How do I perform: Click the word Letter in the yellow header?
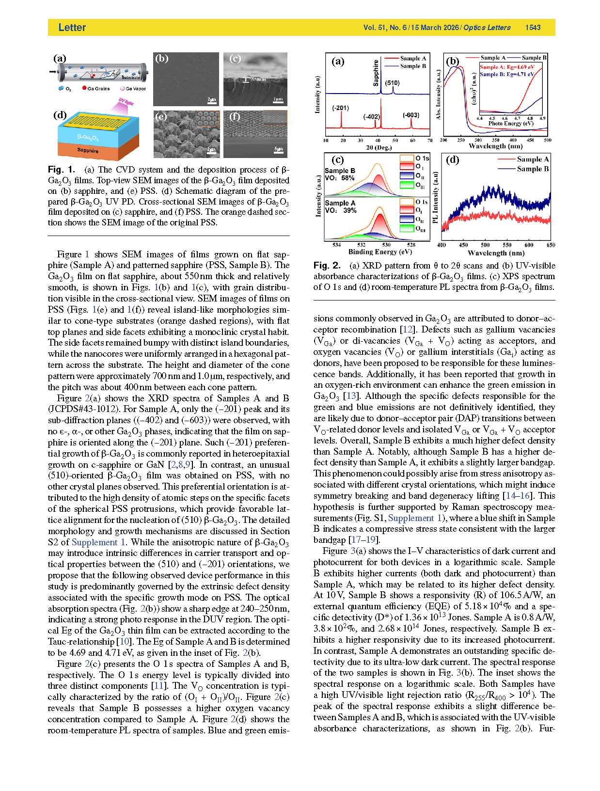[72, 28]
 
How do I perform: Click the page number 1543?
[533, 28]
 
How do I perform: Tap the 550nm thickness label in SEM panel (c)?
[258, 79]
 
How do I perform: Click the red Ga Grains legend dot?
[84, 88]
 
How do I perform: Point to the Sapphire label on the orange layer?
[88, 151]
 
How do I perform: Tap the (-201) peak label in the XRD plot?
[340, 108]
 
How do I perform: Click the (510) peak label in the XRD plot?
[393, 83]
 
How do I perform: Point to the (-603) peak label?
[411, 115]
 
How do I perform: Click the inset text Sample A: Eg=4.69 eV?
[507, 67]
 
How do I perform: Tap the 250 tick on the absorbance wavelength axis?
[461, 140]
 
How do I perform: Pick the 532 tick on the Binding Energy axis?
[361, 245]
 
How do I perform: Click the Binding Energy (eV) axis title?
[380, 252]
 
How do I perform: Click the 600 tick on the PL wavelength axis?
[529, 245]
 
